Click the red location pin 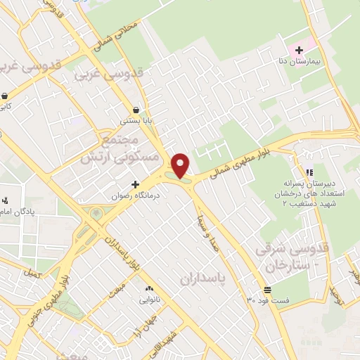tap(181, 165)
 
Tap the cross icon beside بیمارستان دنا tap(300, 50)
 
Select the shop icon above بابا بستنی tap(136, 109)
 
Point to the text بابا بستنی tap(136, 121)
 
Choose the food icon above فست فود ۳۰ tap(267, 290)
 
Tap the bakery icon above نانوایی tap(148, 289)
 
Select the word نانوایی tap(148, 300)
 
